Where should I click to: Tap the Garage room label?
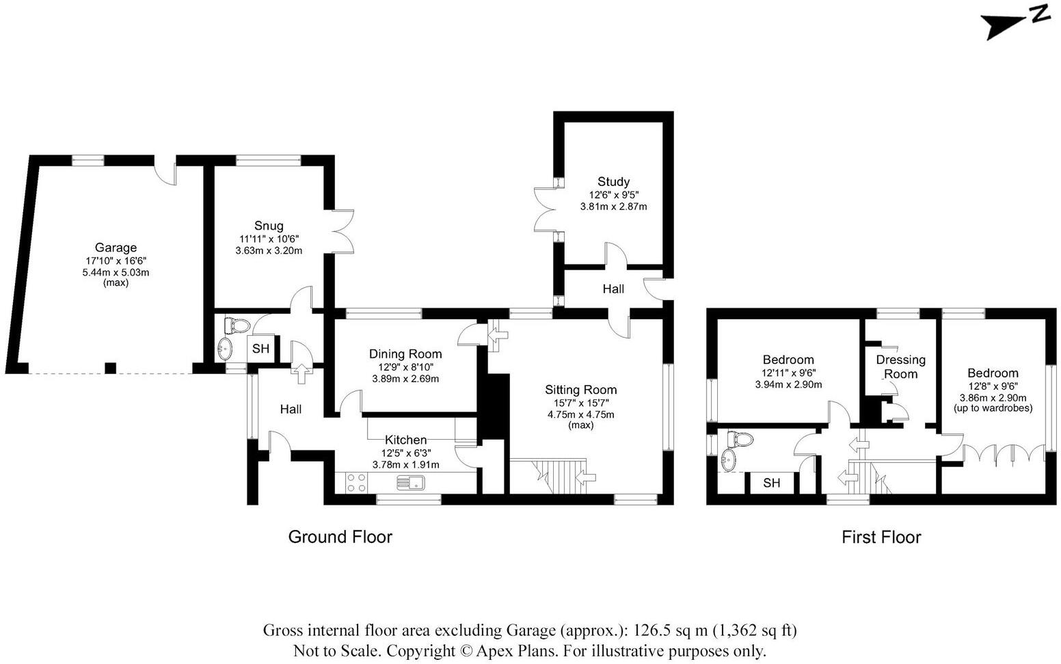point(116,248)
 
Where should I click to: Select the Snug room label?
point(269,226)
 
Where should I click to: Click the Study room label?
point(613,181)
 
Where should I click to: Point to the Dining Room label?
point(405,354)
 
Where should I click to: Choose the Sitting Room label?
point(580,390)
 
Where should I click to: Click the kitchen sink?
point(411,483)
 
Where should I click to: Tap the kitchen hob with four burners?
point(355,483)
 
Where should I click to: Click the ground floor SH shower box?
point(260,349)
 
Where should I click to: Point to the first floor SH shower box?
point(771,483)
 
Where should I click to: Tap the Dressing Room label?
point(900,367)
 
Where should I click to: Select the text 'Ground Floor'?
point(340,537)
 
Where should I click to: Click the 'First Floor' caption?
point(881,537)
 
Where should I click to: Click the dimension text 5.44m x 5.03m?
point(116,272)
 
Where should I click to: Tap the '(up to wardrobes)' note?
point(993,408)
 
